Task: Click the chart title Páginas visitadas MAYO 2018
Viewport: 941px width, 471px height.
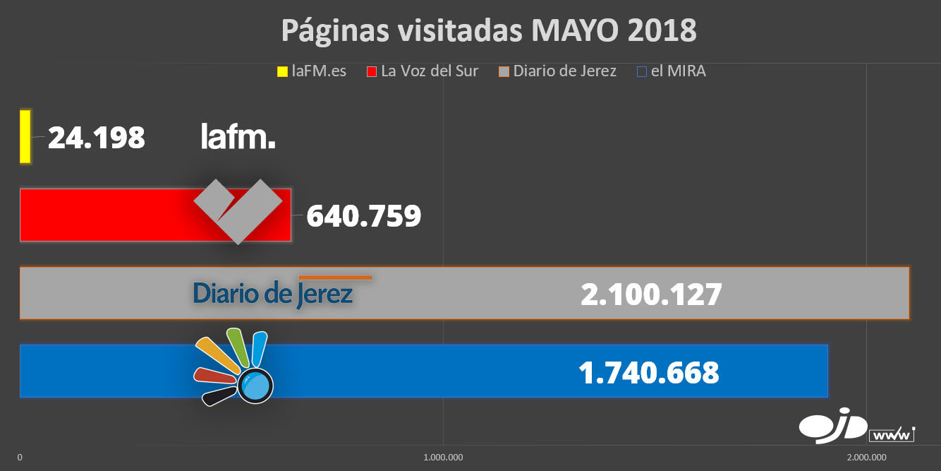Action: [x=489, y=30]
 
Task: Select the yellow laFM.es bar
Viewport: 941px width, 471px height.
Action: [x=25, y=136]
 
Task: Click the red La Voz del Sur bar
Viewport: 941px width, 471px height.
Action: [x=106, y=215]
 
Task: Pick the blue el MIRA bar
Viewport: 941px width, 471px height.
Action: [x=423, y=371]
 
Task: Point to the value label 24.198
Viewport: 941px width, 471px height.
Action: [x=97, y=138]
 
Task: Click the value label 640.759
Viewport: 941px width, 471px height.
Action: [x=363, y=216]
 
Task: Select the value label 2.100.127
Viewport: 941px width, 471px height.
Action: [x=650, y=294]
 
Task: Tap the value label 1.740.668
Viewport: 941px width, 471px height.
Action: [x=648, y=372]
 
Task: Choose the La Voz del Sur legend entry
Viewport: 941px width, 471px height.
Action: [x=423, y=71]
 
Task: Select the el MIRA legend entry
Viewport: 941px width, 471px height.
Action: [x=671, y=71]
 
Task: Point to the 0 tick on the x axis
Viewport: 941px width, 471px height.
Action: [x=20, y=458]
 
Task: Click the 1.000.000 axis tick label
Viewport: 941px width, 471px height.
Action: [x=443, y=458]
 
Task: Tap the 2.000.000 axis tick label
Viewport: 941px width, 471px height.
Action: [x=867, y=458]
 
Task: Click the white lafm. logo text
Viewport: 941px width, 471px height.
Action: [x=238, y=137]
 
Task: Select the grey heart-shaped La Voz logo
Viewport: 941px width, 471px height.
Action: [x=238, y=210]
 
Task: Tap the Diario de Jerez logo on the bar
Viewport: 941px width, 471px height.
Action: [x=273, y=292]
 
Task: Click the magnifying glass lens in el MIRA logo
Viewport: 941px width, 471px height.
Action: [x=255, y=386]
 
